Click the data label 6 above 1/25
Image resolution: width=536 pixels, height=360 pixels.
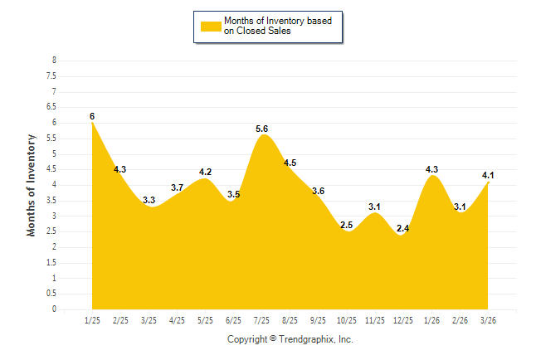92,116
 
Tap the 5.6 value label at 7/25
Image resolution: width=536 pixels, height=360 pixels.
261,129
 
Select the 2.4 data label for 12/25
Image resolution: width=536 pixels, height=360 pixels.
403,228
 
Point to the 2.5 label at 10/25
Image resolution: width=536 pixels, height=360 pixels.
346,225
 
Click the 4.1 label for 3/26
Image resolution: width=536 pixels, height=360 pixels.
488,175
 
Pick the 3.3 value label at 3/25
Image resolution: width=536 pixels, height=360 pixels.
149,200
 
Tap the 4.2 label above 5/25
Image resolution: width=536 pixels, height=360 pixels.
206,172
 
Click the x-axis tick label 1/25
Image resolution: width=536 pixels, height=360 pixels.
92,320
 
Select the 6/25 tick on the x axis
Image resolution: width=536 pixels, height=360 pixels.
233,320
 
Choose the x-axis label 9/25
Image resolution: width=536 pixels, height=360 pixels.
318,320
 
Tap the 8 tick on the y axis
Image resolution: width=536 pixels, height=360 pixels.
54,61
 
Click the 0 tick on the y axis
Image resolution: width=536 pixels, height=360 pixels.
54,309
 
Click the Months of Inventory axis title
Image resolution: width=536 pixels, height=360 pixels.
32,185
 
